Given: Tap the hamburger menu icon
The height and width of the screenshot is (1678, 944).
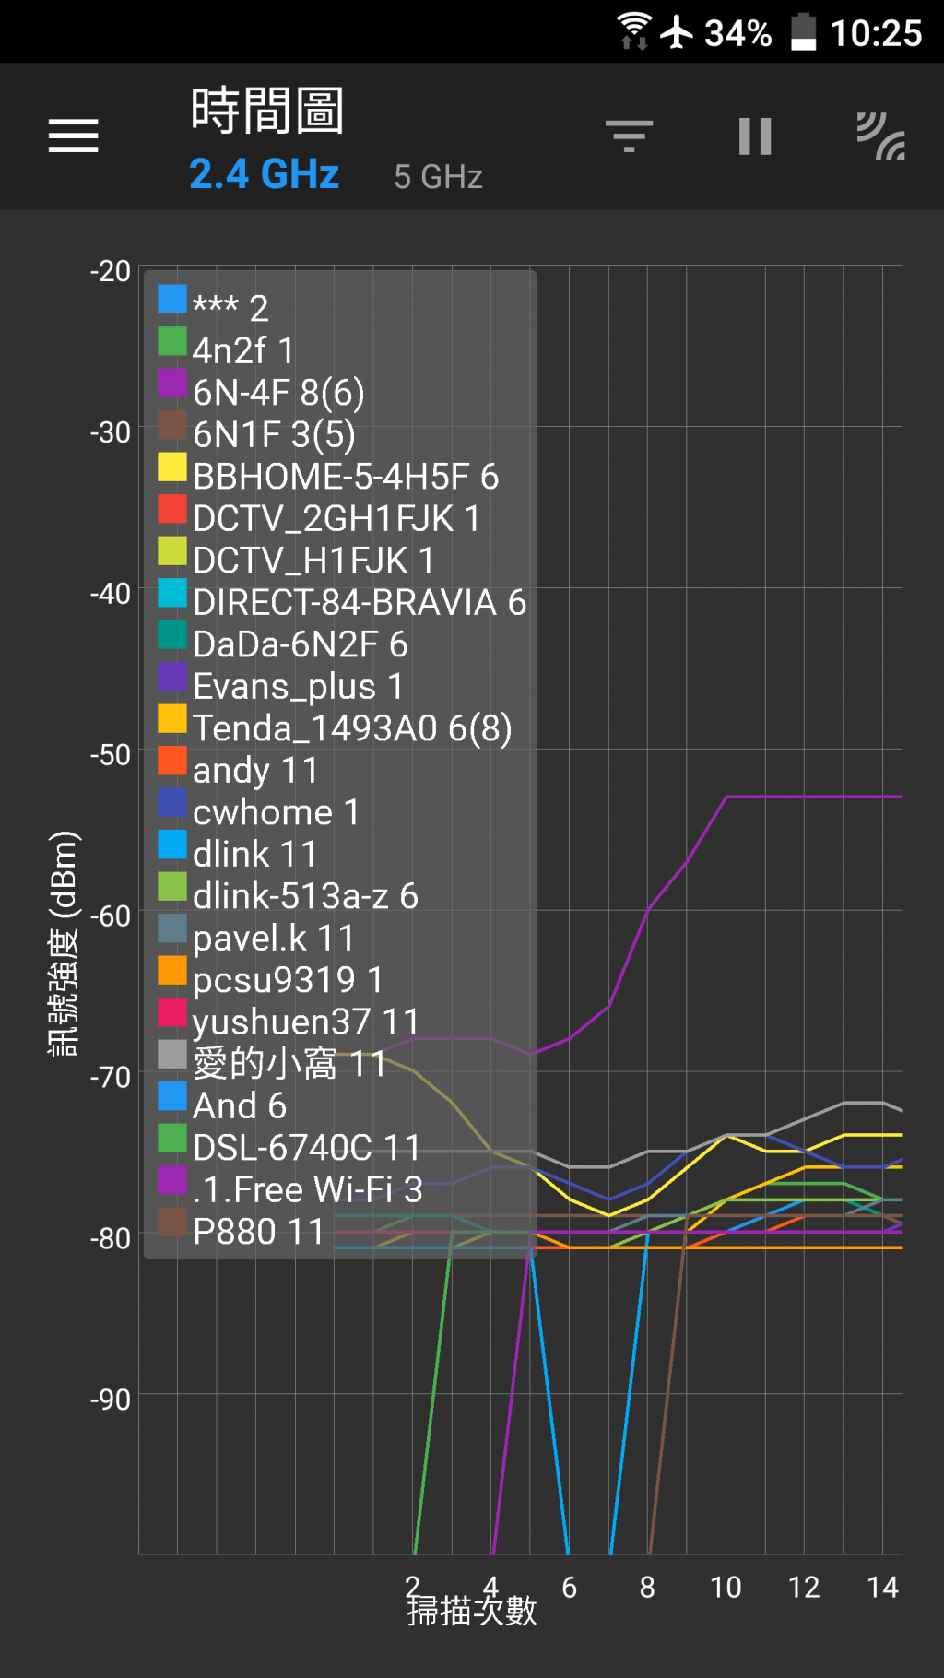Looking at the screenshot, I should click(74, 136).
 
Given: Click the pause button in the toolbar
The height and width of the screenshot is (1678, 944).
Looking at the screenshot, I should click(754, 136).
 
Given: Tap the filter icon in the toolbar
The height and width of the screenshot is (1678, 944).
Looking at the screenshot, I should click(629, 136).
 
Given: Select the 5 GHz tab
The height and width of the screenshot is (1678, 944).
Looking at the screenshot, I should click(438, 176).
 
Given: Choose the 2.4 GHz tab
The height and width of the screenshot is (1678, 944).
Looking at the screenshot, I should click(265, 173).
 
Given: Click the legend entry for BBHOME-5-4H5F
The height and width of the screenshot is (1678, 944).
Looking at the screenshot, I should click(346, 477).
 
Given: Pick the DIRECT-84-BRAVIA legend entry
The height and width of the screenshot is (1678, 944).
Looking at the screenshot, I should click(360, 602).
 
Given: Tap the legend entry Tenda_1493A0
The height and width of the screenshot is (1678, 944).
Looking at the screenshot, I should click(351, 728).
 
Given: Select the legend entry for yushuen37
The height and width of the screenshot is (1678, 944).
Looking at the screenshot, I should click(305, 1022).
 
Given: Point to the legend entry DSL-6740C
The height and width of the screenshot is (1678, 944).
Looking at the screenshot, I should click(306, 1148).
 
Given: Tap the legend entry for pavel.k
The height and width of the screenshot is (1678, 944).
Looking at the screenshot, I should click(273, 938).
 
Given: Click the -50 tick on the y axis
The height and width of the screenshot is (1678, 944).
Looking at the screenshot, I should click(111, 754).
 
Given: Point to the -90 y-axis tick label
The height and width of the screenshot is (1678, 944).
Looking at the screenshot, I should click(111, 1399).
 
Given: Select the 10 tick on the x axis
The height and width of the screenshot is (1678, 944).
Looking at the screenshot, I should click(726, 1587).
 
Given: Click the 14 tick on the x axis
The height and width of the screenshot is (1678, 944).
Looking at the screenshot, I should click(882, 1587).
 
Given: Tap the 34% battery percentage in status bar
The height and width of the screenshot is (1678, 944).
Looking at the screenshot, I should click(737, 33).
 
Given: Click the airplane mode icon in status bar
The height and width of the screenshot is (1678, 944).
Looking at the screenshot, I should click(678, 31).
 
